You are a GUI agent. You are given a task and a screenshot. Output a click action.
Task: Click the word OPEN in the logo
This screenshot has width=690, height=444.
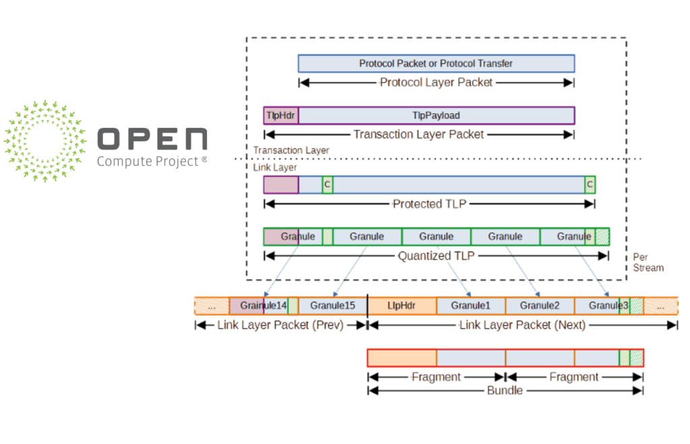point(152,139)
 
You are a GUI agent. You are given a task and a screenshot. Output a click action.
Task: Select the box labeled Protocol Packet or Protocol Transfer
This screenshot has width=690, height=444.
point(436,63)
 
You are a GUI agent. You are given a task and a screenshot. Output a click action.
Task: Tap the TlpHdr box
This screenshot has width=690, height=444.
point(281,115)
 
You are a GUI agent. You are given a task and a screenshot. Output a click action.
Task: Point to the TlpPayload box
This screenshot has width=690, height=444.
point(436,115)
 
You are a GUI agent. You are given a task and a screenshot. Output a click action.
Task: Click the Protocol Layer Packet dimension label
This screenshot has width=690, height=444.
point(436,82)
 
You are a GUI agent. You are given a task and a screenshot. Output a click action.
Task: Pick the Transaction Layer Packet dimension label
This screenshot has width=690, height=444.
point(418,134)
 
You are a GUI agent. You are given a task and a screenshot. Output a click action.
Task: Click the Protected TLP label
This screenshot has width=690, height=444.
point(429,203)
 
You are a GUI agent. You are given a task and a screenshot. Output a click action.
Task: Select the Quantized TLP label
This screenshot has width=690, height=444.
point(435,256)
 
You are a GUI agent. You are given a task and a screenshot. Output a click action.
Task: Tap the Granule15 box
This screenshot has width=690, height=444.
point(333,306)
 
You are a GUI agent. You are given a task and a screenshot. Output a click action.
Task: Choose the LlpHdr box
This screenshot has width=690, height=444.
point(402,306)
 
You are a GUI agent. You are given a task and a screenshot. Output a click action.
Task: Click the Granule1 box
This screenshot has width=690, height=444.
point(471,306)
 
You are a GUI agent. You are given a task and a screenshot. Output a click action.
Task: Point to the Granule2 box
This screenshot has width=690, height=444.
point(540,306)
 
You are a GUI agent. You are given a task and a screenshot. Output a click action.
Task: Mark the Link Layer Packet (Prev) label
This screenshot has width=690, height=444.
point(280,325)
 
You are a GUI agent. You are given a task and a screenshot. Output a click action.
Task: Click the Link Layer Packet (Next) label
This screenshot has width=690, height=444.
point(522,325)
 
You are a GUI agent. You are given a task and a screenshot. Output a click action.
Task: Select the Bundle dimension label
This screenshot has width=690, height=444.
point(505,390)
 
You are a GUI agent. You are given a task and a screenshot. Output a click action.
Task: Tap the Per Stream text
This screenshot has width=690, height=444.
point(648,262)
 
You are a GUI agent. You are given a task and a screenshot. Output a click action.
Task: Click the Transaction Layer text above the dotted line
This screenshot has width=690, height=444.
point(291,150)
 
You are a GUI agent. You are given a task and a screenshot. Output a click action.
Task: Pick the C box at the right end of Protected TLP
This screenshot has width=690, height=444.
point(590,184)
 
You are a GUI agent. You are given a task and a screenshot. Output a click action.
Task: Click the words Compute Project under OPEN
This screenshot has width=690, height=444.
point(148,161)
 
